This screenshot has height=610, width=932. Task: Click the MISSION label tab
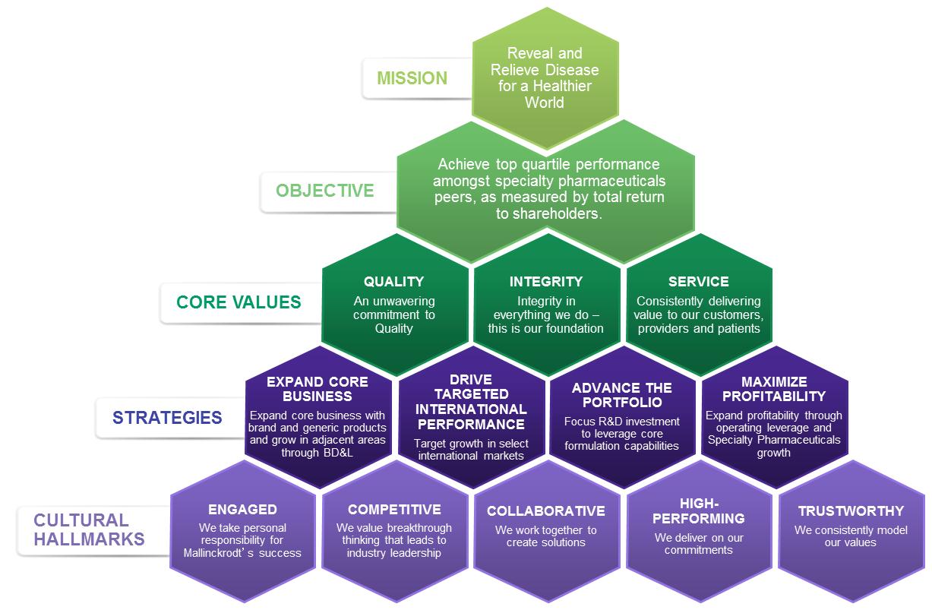tap(413, 78)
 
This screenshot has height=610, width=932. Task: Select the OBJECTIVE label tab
tap(325, 190)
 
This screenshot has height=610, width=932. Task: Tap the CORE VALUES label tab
tap(239, 302)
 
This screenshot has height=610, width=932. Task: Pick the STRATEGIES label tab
tap(167, 417)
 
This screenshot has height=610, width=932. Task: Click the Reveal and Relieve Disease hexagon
tap(545, 77)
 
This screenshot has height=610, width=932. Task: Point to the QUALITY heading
tap(393, 282)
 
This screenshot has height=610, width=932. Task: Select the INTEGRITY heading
tap(545, 282)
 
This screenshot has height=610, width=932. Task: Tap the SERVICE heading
tap(698, 282)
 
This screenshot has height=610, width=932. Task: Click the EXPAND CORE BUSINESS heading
tap(318, 388)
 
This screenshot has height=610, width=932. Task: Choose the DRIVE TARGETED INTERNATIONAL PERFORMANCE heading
tap(471, 401)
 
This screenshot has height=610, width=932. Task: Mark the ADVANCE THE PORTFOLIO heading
tap(622, 394)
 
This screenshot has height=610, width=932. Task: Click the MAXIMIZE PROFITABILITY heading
tap(773, 388)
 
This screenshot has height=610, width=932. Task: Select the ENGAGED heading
tap(242, 510)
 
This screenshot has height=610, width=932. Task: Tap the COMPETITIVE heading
tap(394, 510)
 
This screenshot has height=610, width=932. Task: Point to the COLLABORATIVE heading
tap(545, 511)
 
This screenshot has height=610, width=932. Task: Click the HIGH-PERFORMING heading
tap(698, 510)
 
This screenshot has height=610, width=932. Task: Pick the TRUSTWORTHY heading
tap(851, 511)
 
